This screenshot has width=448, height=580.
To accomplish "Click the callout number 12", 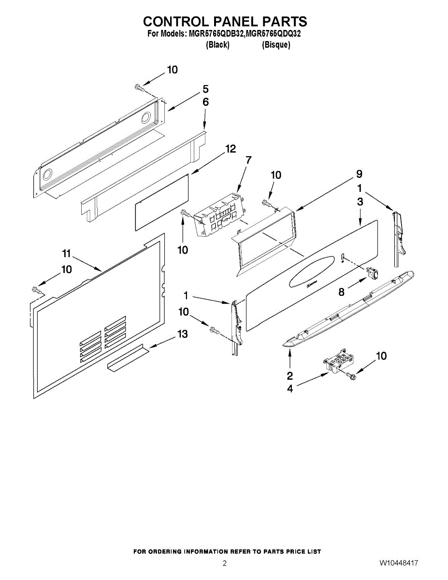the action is pos(230,149).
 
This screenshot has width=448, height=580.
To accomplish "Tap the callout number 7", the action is pos(248,160).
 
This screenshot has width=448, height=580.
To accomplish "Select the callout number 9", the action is pos(359,174).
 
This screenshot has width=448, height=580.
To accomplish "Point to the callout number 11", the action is pos(67,254).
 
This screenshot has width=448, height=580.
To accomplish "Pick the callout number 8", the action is pos(342,292).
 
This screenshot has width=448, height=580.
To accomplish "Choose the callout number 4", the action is pos(290,389).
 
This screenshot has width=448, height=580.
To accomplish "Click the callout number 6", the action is pos(205,102).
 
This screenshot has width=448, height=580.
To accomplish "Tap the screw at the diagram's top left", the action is pos(140,87).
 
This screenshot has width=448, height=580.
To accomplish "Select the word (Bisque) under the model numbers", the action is pos(276,45).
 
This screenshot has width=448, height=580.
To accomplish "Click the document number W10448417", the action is pos(399,564).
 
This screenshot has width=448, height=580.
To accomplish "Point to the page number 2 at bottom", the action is pos(224,564).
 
